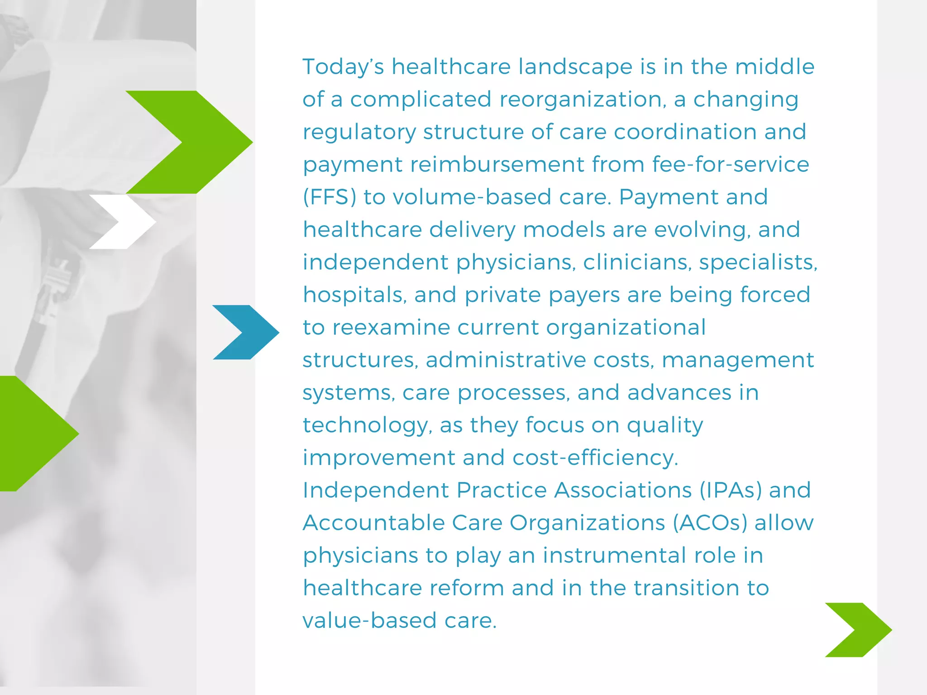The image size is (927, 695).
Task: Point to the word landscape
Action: (575, 67)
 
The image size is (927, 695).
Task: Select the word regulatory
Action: (359, 132)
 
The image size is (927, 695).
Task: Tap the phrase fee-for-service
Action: (731, 164)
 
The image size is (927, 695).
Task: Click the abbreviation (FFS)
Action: (330, 197)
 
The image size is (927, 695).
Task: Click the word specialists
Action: (758, 262)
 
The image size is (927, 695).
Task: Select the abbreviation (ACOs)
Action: (710, 523)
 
